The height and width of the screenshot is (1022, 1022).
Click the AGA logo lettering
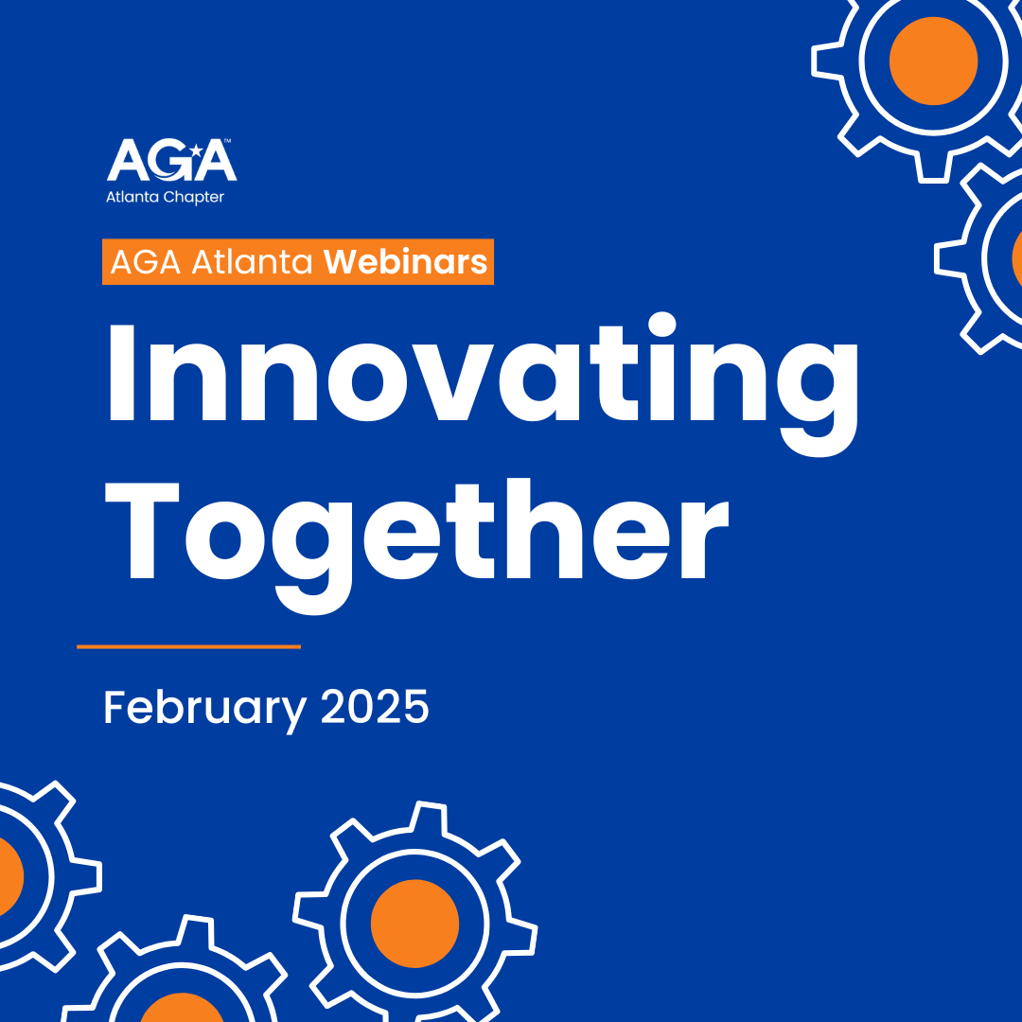pos(171,159)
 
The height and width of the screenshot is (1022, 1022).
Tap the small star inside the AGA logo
pos(195,151)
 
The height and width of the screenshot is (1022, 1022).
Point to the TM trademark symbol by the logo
pos(227,140)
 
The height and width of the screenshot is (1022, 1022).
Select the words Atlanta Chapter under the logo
pos(165,197)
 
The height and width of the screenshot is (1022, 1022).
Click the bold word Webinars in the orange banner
pos(405,261)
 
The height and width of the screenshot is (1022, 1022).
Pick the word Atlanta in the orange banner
pos(253,262)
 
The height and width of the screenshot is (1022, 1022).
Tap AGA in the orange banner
pos(146,262)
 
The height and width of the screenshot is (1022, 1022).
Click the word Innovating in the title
pos(483,384)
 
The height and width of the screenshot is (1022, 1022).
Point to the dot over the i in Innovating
pos(662,325)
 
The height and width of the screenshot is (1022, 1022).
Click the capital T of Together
pos(142,531)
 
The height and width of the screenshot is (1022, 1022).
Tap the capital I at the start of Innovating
pos(121,372)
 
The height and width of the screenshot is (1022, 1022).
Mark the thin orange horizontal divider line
pos(189,646)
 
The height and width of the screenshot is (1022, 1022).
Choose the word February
pos(205,709)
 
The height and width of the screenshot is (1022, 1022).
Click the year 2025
pos(375,707)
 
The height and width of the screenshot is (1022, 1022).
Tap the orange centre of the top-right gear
pos(933,61)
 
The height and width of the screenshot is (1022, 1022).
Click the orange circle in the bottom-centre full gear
pos(415,924)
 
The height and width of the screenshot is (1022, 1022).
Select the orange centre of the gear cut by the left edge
pos(9,876)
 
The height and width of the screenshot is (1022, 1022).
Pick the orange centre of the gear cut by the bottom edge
pos(182,1009)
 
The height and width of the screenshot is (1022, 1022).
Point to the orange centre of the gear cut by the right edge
pos(1017,257)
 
